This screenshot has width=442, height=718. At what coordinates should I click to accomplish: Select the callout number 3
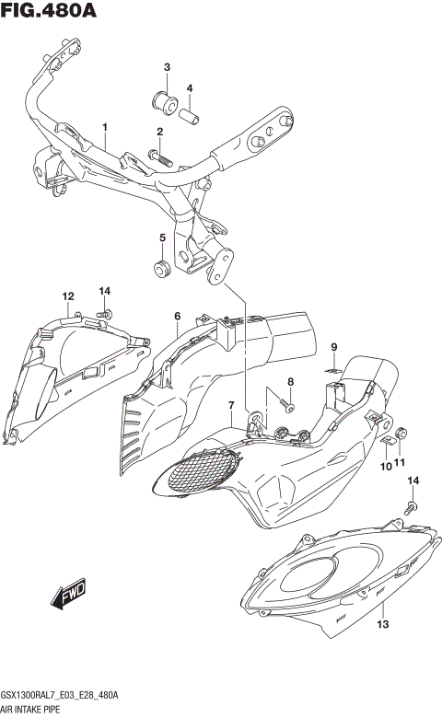[x=168, y=67]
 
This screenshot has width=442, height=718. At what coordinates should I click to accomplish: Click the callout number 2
[x=159, y=133]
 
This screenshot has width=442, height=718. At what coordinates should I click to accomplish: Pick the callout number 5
[x=162, y=237]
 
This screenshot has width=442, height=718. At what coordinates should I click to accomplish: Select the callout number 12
[x=67, y=295]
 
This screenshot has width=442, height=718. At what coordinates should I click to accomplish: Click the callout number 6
[x=177, y=317]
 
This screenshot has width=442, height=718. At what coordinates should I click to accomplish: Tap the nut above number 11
[x=401, y=433]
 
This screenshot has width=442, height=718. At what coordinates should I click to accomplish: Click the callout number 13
[x=382, y=625]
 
